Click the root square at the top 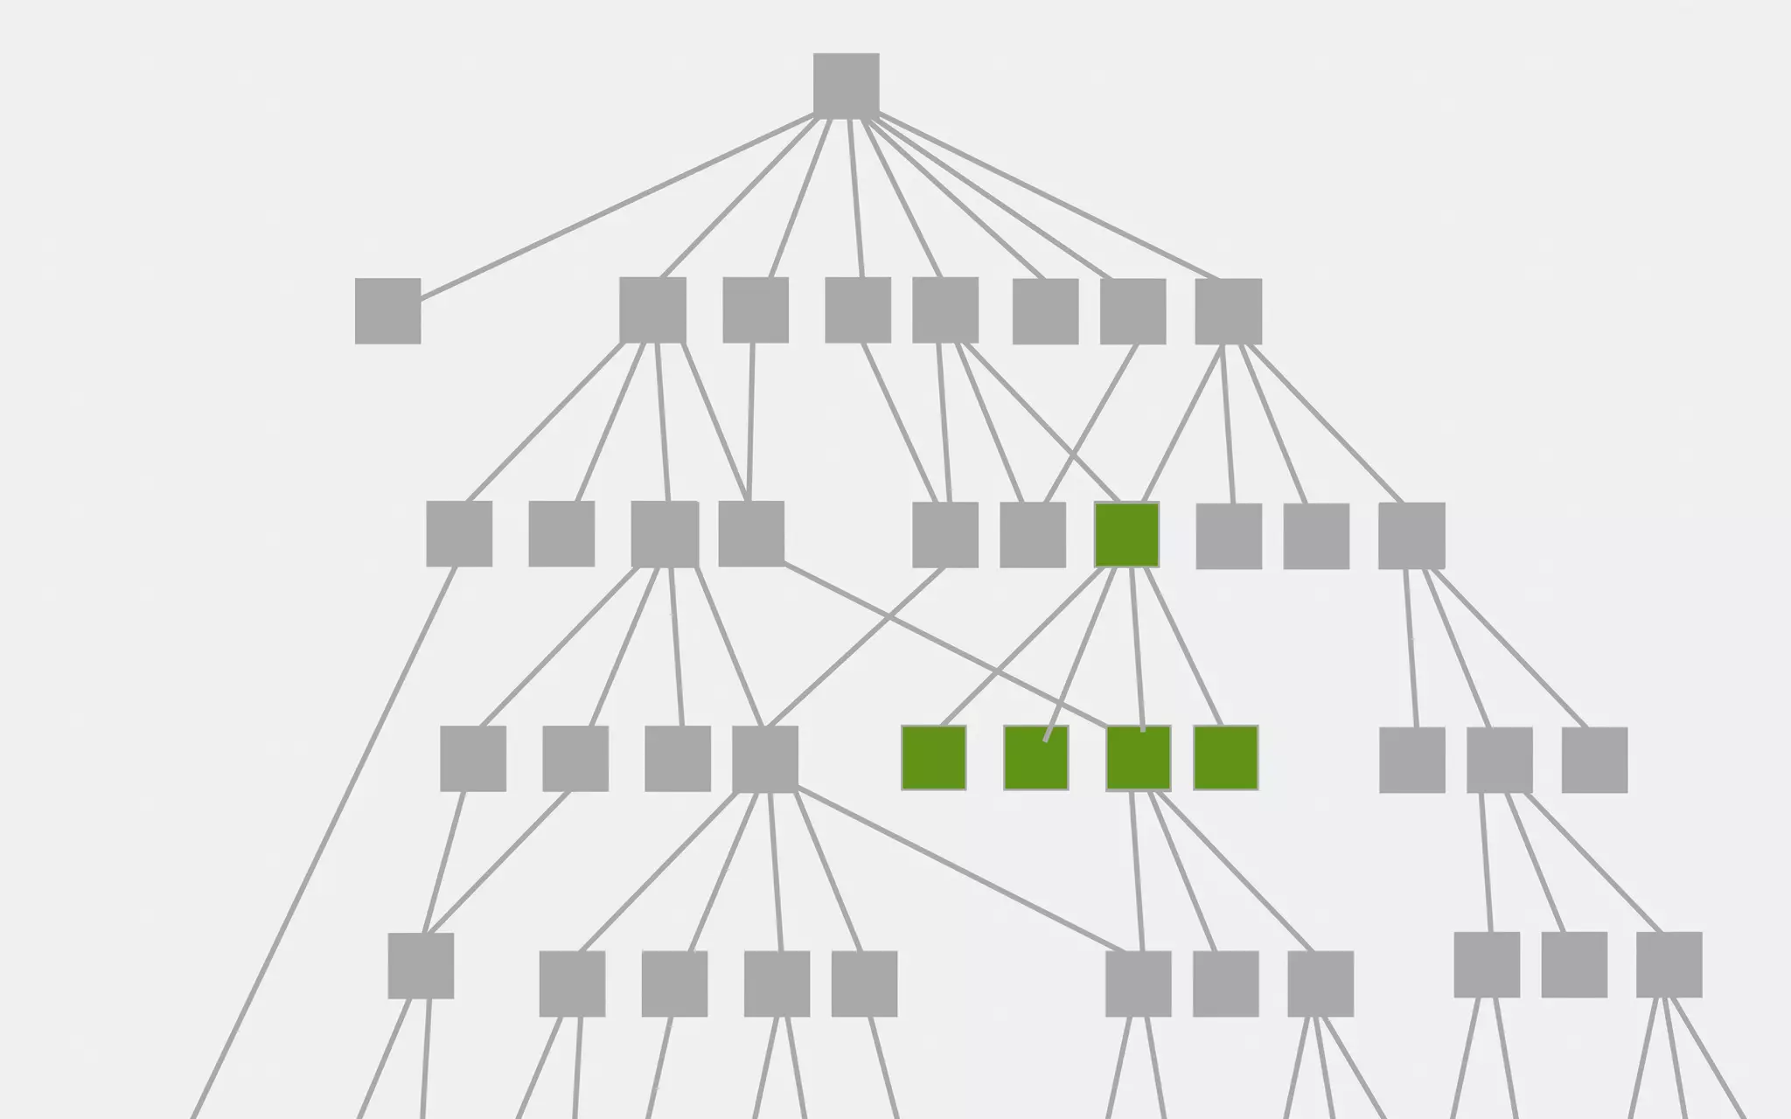coord(846,85)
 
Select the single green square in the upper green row coord(1126,534)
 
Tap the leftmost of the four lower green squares coord(933,758)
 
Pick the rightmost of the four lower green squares coord(1225,758)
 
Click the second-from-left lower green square coord(1035,758)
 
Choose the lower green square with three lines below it coord(1138,758)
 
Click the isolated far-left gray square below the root coord(387,310)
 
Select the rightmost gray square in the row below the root coord(1228,311)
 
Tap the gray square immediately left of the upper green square coord(1032,534)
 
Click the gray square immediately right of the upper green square coord(1228,536)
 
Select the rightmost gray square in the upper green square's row coord(1411,535)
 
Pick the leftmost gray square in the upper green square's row coord(458,533)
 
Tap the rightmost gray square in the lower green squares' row coord(1593,760)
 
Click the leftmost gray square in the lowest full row coord(420,965)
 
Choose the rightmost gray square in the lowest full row coord(1668,964)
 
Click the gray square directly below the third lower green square coord(1138,983)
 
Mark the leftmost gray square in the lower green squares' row coord(472,758)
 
